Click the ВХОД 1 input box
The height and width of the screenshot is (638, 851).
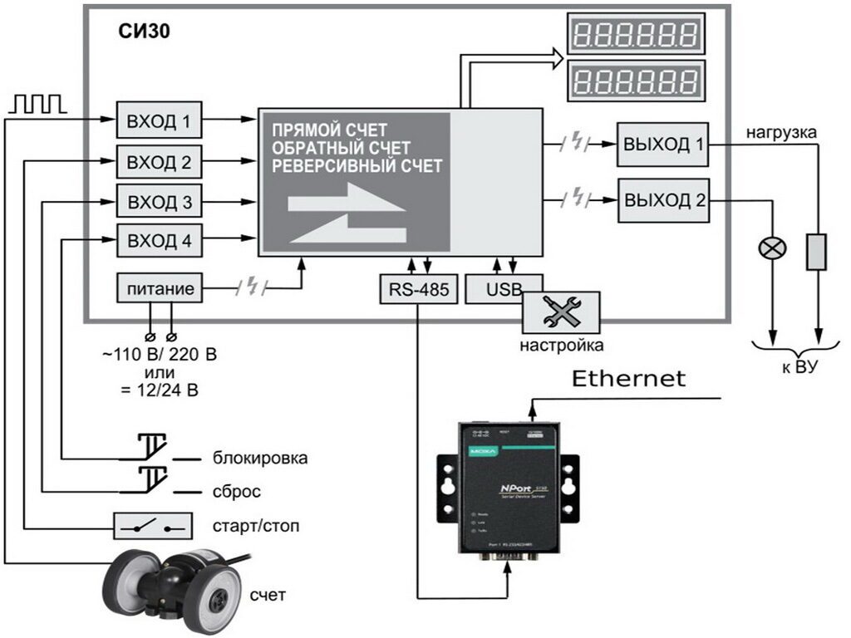click(x=159, y=122)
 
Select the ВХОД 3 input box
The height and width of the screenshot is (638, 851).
click(x=159, y=202)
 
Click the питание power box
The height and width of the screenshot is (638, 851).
click(x=160, y=289)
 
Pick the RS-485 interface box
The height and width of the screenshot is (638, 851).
click(x=418, y=289)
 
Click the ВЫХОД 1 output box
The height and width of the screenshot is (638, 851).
click(x=663, y=144)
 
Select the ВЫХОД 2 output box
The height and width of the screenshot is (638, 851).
click(x=663, y=200)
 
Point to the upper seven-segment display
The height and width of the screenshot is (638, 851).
click(x=637, y=35)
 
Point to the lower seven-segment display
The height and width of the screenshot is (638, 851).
click(x=637, y=81)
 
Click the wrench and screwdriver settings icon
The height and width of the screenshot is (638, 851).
click(x=561, y=312)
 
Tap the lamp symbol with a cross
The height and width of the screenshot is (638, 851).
click(x=772, y=248)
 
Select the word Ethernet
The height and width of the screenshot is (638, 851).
click(x=629, y=380)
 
